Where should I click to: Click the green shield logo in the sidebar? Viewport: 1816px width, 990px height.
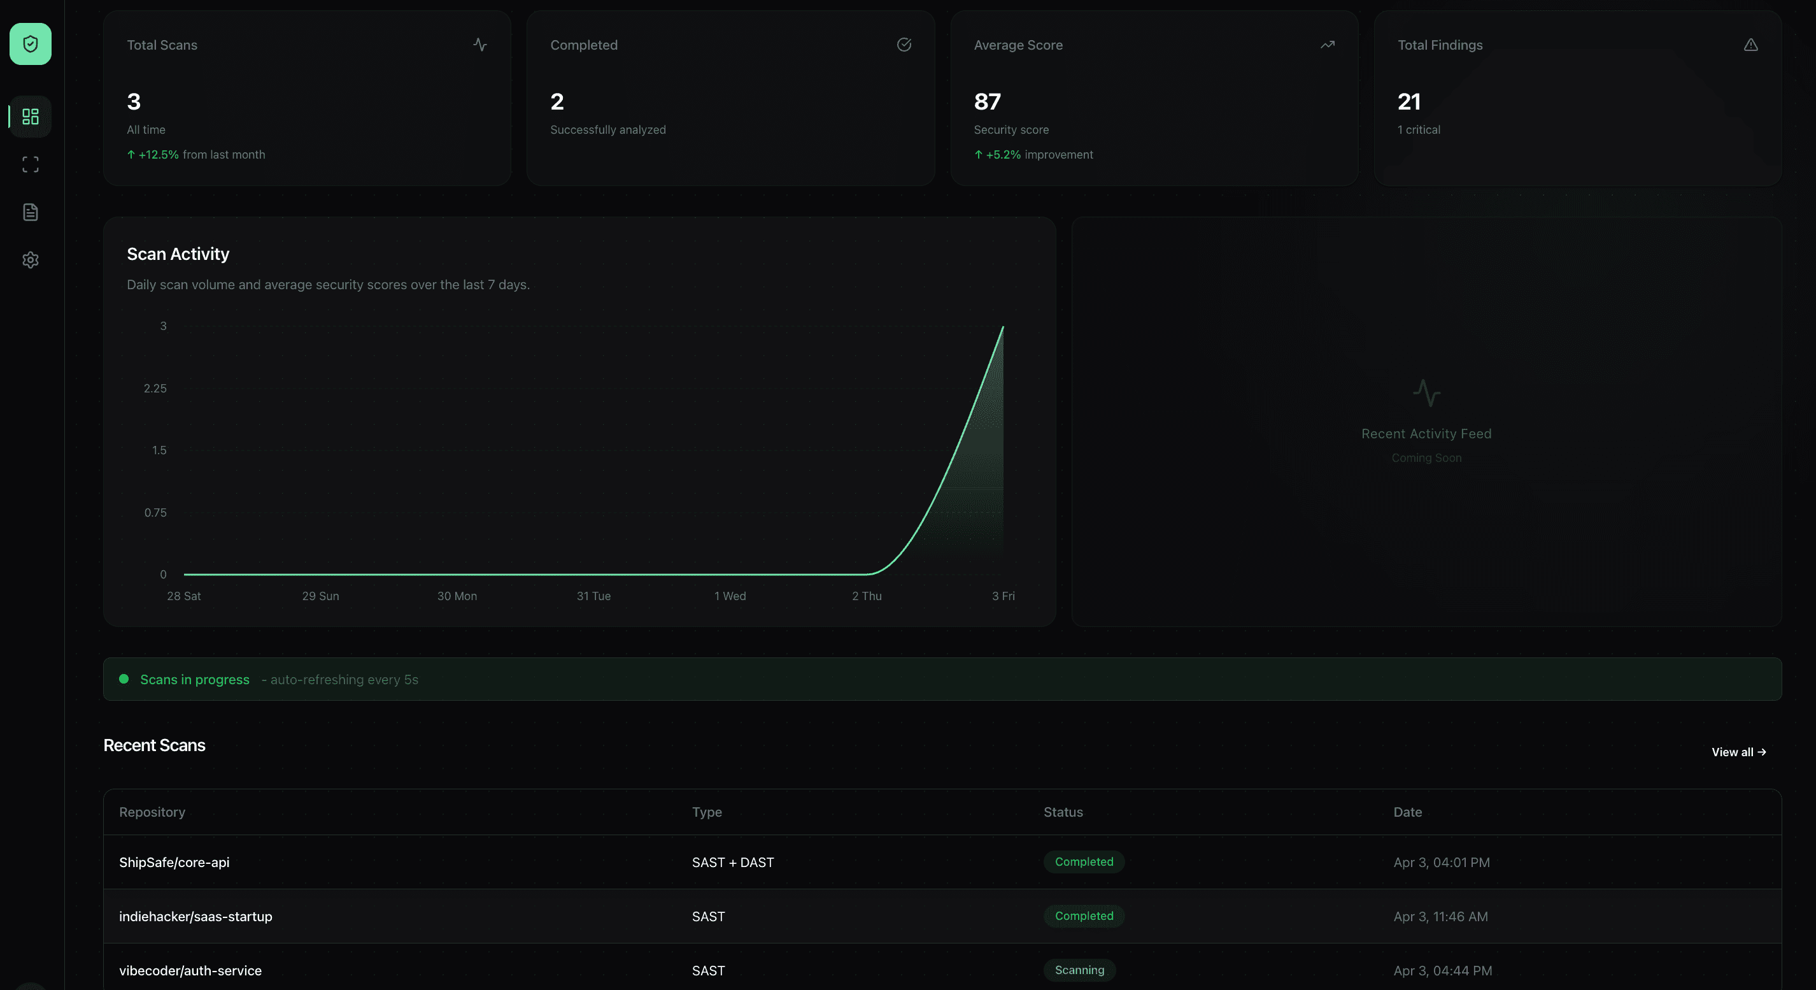(x=31, y=45)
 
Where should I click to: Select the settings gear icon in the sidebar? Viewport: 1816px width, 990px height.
(x=31, y=260)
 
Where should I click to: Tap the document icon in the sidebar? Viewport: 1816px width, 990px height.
(x=31, y=212)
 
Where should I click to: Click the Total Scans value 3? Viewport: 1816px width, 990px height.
(x=134, y=102)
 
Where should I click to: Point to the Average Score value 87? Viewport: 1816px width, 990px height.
(x=987, y=102)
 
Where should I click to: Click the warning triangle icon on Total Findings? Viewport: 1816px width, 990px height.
(x=1750, y=45)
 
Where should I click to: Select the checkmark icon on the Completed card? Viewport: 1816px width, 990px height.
(x=904, y=45)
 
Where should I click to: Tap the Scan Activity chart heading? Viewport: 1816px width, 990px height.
(x=178, y=254)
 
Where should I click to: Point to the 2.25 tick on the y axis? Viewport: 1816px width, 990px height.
(x=155, y=389)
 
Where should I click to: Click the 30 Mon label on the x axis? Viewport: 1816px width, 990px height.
(x=457, y=596)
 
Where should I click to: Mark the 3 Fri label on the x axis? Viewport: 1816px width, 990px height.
(x=1003, y=596)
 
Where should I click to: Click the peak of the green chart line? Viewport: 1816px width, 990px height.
(x=1002, y=327)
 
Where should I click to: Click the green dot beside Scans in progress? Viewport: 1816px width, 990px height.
(x=124, y=679)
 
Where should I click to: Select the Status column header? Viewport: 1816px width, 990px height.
(x=1063, y=812)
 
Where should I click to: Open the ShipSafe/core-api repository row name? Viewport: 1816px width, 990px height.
(x=174, y=863)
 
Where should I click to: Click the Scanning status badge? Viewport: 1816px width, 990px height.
(x=1079, y=970)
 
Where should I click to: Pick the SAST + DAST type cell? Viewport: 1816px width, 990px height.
(x=732, y=863)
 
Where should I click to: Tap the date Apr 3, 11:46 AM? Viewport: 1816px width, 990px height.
(x=1440, y=917)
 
